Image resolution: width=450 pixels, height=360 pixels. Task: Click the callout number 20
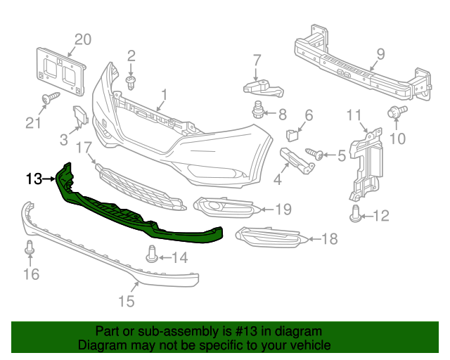(83, 39)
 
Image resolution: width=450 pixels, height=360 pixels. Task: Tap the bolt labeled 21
(49, 99)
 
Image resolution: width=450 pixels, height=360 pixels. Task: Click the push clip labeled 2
(131, 83)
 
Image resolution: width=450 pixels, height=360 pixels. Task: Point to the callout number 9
(380, 53)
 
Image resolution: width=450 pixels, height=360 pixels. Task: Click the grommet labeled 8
(259, 110)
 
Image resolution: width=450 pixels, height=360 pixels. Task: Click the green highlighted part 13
(141, 211)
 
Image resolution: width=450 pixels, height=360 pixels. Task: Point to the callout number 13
(34, 179)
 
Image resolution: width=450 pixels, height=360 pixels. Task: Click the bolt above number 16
(29, 248)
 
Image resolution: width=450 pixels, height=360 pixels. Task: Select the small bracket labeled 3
(81, 115)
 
